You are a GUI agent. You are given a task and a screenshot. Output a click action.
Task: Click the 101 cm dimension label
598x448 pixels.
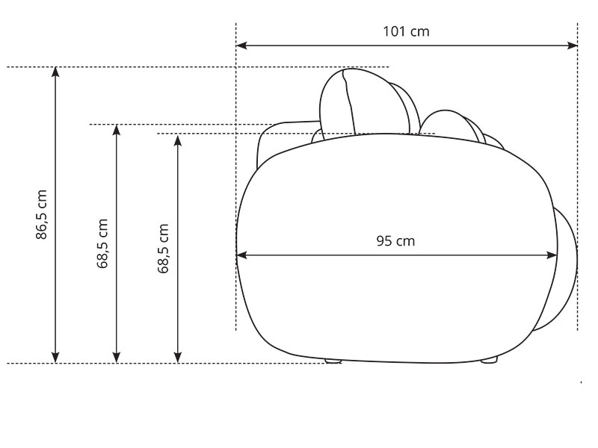click(x=406, y=31)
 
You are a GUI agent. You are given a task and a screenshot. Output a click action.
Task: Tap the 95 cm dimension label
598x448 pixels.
click(x=395, y=240)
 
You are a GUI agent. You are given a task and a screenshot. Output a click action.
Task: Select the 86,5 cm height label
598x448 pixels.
click(x=41, y=214)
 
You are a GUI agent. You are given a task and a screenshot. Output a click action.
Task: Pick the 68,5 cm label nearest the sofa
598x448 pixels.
click(x=163, y=249)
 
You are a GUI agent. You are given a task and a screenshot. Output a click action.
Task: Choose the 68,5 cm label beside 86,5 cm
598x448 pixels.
click(x=102, y=244)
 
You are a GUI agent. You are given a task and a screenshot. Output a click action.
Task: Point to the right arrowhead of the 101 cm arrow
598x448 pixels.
click(x=573, y=46)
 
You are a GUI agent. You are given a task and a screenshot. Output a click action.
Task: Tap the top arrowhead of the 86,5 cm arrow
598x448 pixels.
click(x=55, y=72)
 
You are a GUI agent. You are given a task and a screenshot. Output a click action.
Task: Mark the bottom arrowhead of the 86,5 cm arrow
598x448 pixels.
click(x=55, y=358)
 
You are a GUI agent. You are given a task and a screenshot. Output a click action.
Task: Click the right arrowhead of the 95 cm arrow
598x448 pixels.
click(x=552, y=255)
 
